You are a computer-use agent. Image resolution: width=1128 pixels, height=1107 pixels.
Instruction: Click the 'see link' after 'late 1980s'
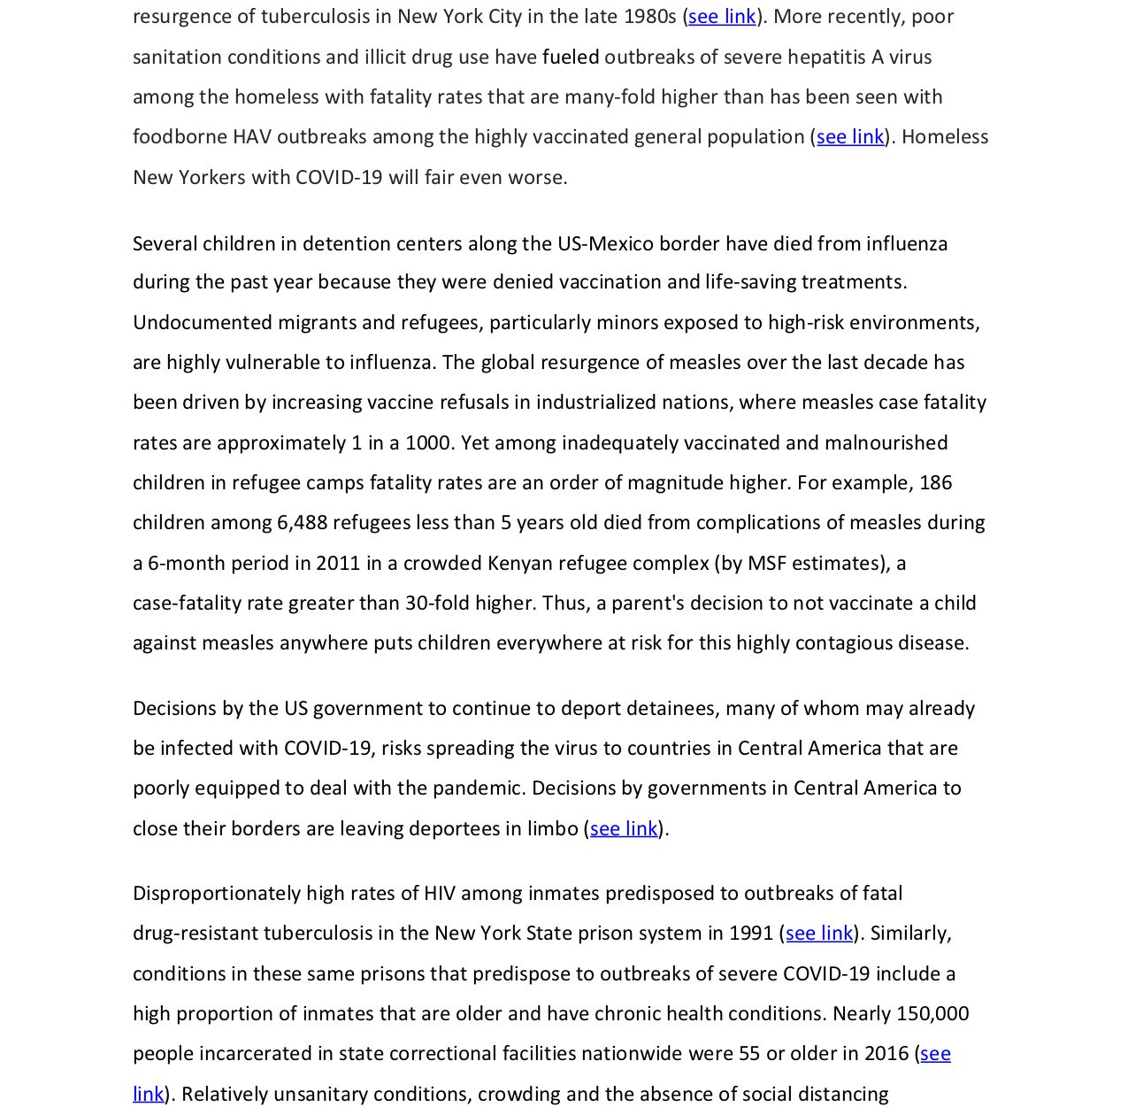[x=722, y=17]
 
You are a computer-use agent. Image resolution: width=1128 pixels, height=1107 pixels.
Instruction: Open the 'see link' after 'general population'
[x=850, y=137]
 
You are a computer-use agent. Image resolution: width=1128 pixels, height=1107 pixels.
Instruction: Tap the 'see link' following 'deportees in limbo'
[x=624, y=829]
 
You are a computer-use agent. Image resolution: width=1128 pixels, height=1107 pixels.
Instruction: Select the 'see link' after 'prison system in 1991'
[x=819, y=934]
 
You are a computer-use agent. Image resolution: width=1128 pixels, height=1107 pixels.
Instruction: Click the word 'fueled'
[x=571, y=58]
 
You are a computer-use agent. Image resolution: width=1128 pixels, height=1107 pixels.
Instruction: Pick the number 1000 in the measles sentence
[x=428, y=443]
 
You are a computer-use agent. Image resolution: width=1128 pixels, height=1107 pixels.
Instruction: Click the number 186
[x=935, y=483]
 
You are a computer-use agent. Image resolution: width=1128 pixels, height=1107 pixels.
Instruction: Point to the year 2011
[x=338, y=564]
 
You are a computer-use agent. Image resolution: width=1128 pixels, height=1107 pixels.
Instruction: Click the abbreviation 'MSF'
[x=767, y=564]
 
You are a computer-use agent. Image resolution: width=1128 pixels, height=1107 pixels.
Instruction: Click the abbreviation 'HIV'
[x=440, y=894]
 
